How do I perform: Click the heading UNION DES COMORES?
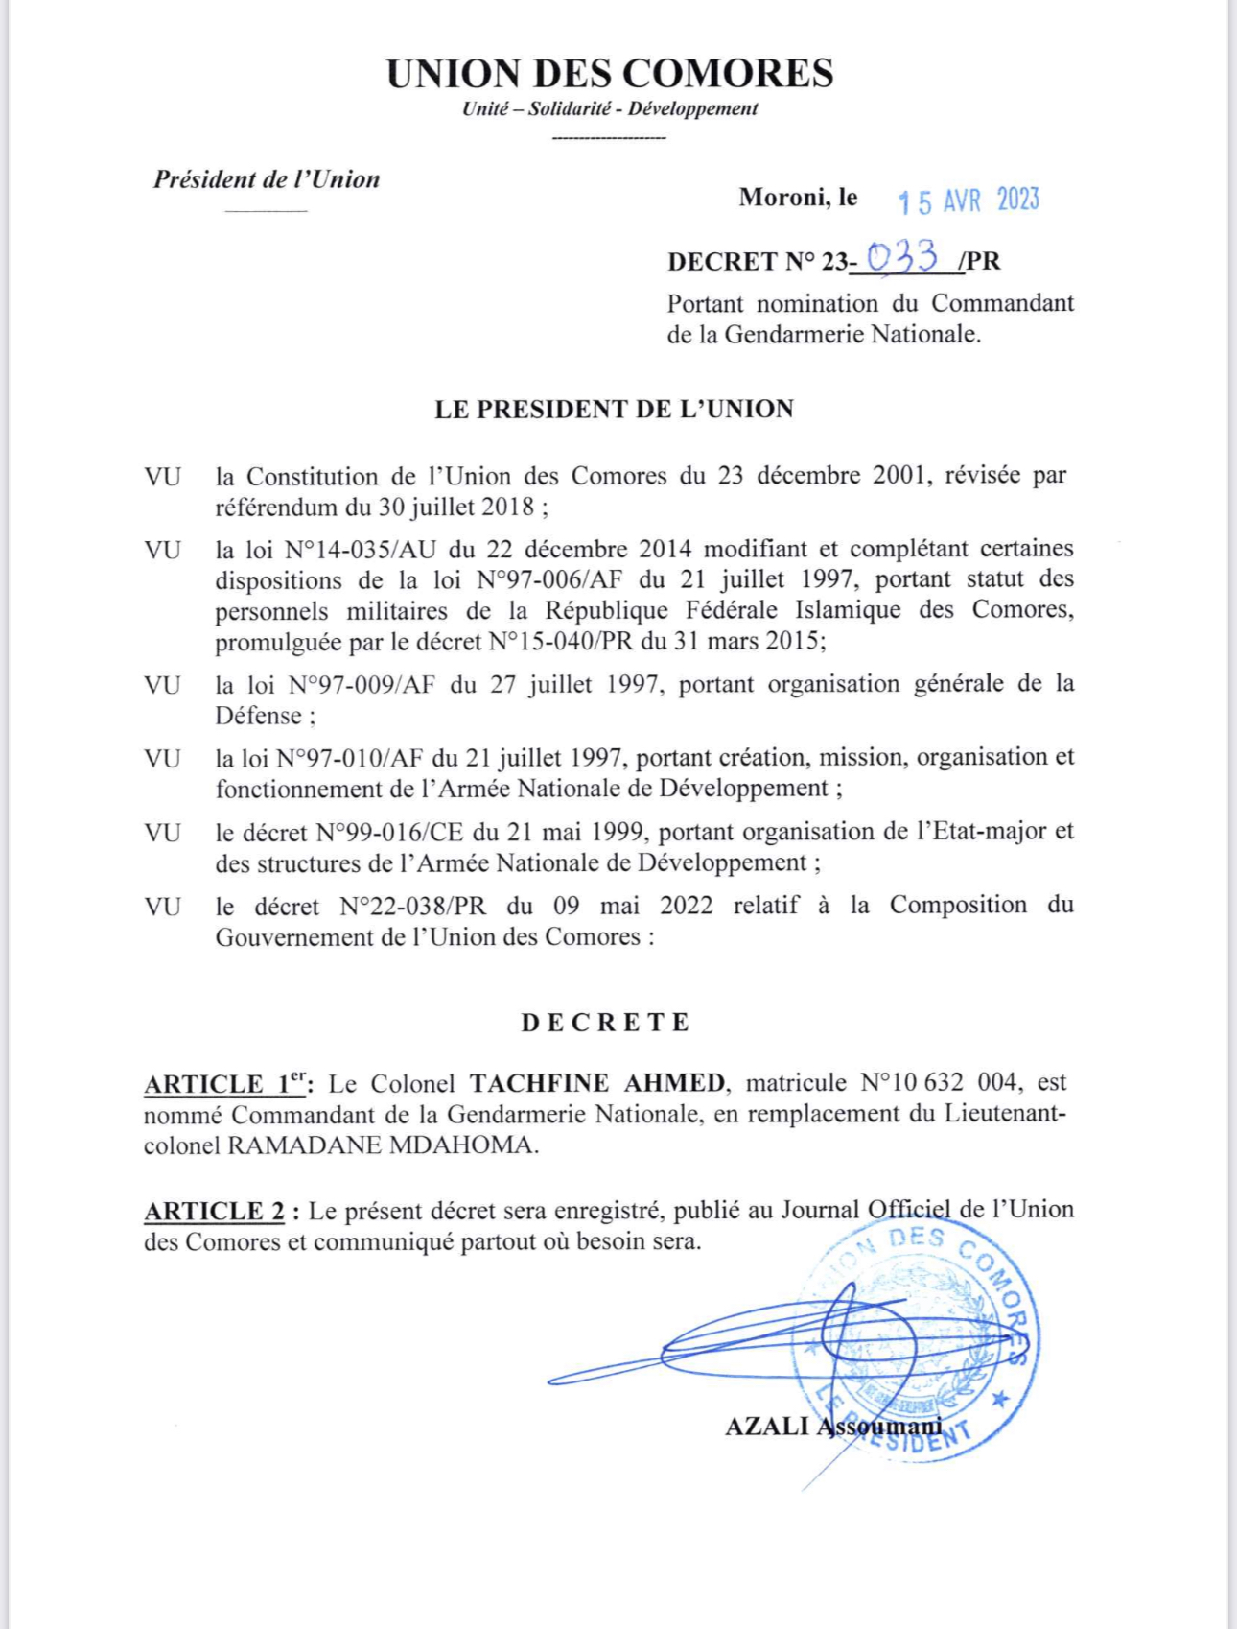[x=610, y=74]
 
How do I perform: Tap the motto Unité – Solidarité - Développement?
[x=610, y=108]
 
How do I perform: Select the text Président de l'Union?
[x=267, y=179]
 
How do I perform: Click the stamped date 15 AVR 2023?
[x=969, y=201]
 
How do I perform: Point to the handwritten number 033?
[x=901, y=257]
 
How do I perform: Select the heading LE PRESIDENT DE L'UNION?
[x=614, y=410]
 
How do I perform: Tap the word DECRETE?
[x=605, y=1023]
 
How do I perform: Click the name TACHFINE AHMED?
[x=597, y=1083]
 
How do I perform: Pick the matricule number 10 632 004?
[x=938, y=1083]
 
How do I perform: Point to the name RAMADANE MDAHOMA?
[x=382, y=1145]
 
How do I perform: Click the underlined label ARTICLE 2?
[x=215, y=1212]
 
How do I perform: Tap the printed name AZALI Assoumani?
[x=832, y=1427]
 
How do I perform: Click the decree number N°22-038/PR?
[x=413, y=907]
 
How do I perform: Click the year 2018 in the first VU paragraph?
[x=507, y=508]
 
